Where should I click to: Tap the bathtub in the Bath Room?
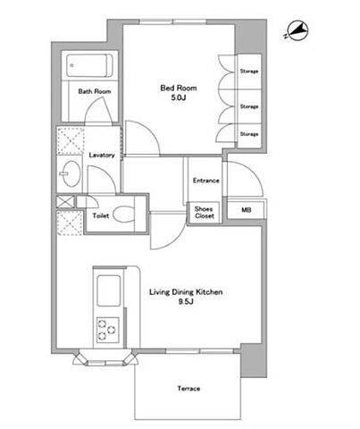click(89, 65)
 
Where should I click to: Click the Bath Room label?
click(95, 91)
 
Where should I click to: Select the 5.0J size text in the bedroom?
click(179, 97)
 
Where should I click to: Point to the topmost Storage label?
click(249, 71)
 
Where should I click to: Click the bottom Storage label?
click(249, 134)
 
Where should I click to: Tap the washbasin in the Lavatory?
click(71, 173)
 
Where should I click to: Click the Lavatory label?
click(102, 155)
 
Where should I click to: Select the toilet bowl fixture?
click(124, 214)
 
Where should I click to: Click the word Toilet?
click(101, 215)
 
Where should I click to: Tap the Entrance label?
click(205, 181)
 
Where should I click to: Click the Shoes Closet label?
click(205, 213)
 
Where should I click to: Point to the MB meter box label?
click(246, 210)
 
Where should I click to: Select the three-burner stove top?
click(107, 330)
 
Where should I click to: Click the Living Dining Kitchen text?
click(186, 292)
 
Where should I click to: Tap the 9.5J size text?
click(186, 302)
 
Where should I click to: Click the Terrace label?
click(188, 389)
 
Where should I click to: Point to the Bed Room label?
click(179, 88)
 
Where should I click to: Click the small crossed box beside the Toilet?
click(65, 202)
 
